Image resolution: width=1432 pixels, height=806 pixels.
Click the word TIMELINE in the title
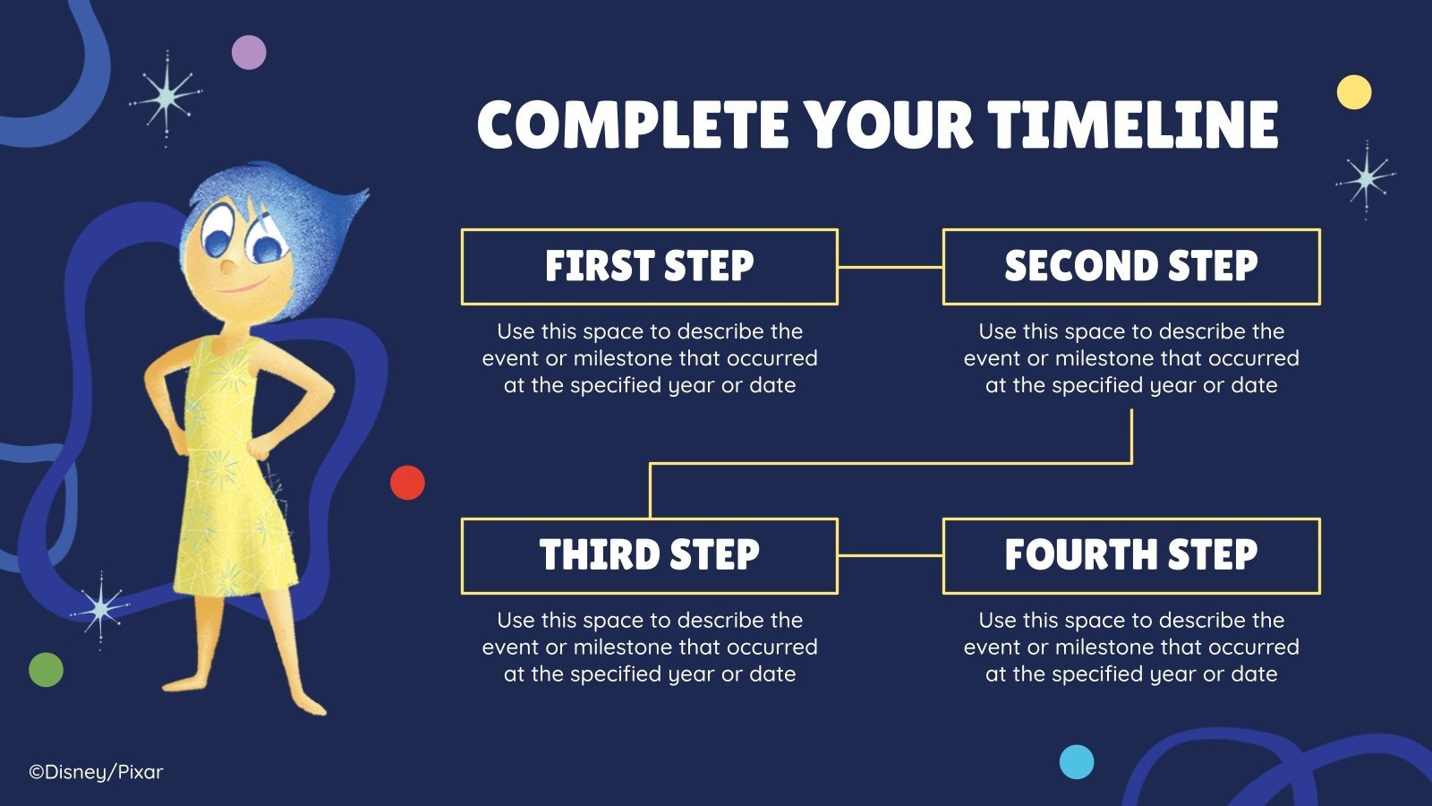pos(1132,124)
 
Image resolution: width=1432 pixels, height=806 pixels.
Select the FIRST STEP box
pos(650,266)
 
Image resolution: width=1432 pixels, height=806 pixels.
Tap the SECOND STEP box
pos(1131,266)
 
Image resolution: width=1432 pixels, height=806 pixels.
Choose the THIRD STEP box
pos(650,555)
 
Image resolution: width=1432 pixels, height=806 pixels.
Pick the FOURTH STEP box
pos(1131,555)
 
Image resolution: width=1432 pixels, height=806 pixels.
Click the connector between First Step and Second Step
pos(891,267)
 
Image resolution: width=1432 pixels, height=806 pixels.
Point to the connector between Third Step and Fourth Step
pos(891,555)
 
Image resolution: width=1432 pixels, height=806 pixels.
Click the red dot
pos(407,483)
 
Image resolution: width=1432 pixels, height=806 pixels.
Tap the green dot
pos(46,670)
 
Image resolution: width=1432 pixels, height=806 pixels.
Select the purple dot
pos(249,53)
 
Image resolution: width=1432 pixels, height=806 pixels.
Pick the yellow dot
pos(1354,92)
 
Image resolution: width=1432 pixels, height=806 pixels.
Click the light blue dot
pos(1077,762)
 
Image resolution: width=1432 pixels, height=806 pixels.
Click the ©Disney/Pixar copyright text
pos(96,772)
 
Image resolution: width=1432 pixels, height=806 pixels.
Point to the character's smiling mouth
pos(245,286)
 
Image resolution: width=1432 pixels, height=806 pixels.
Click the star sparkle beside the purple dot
pos(166,98)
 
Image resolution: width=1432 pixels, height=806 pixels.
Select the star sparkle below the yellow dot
pos(1366,179)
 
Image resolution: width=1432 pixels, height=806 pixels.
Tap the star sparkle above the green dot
pos(100,610)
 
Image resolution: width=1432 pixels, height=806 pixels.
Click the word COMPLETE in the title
pos(632,124)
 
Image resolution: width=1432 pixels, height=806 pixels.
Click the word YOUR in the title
pos(888,124)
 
